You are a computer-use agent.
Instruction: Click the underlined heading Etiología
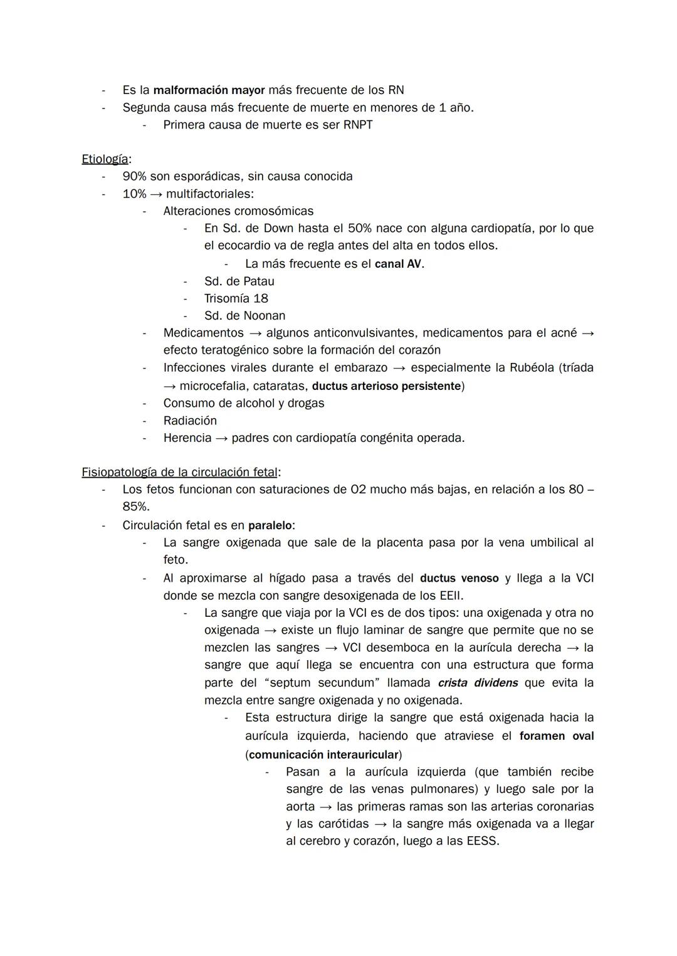pyautogui.click(x=105, y=159)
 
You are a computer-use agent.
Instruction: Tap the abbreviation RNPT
pyautogui.click(x=358, y=125)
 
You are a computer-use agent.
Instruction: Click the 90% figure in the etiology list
pyautogui.click(x=134, y=176)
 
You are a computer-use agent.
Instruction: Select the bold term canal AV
pyautogui.click(x=398, y=264)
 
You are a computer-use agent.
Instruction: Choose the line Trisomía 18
pyautogui.click(x=236, y=298)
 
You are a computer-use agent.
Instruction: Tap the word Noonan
pyautogui.click(x=264, y=316)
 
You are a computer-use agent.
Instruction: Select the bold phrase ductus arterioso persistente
pyautogui.click(x=386, y=386)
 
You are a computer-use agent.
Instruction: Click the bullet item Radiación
pyautogui.click(x=190, y=421)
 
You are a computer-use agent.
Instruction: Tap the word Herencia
pyautogui.click(x=187, y=438)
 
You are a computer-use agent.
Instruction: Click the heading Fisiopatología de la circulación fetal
pyautogui.click(x=179, y=472)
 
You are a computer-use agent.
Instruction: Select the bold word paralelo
pyautogui.click(x=270, y=525)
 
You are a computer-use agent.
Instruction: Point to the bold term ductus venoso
pyautogui.click(x=459, y=578)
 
